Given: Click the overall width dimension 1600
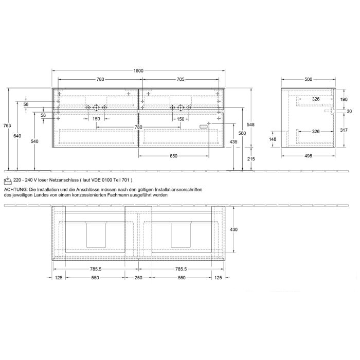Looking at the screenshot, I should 139,70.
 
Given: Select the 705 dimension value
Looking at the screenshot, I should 181,79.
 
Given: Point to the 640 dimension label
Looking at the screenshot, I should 17,136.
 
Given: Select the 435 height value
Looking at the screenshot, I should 233,141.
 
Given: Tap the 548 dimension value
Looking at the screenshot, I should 250,124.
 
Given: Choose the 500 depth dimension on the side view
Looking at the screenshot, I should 309,79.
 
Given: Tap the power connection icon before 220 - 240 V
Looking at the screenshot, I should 7,180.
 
